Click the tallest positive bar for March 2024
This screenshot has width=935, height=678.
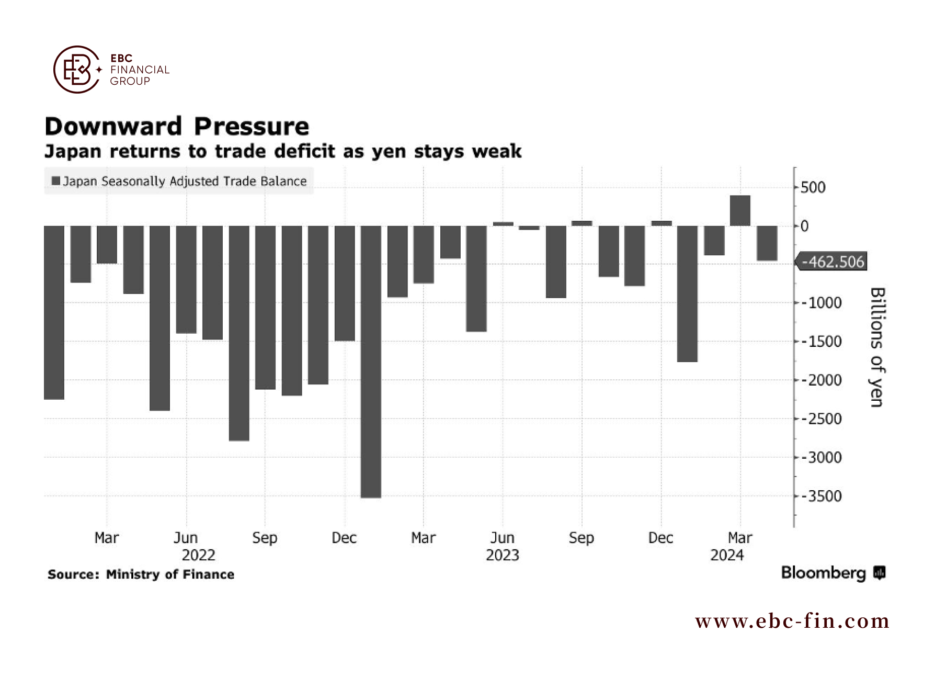[x=740, y=211]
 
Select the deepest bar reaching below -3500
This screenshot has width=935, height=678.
[x=371, y=362]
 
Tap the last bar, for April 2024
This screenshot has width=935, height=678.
[x=767, y=243]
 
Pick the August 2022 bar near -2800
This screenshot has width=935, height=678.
[x=239, y=333]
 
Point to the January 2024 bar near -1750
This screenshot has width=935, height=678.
[x=687, y=294]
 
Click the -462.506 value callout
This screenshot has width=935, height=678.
[x=831, y=262]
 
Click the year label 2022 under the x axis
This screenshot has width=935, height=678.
[x=198, y=555]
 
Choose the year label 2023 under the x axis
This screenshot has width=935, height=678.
[x=502, y=555]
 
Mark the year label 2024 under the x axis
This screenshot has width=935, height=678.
[x=727, y=555]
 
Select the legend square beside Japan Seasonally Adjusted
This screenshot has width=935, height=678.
[x=56, y=181]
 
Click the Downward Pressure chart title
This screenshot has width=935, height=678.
[x=177, y=126]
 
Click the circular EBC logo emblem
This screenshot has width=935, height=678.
[x=77, y=70]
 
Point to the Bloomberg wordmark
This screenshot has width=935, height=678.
[x=824, y=573]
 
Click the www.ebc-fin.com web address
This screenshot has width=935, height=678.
[x=792, y=621]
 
